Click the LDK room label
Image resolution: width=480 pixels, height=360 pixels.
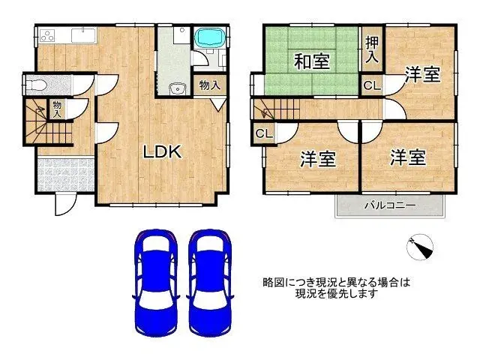point(163,151)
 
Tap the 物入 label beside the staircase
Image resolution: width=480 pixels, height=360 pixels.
point(57,109)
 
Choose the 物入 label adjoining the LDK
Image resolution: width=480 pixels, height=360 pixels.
point(210,85)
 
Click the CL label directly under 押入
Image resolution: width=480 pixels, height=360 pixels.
point(371,85)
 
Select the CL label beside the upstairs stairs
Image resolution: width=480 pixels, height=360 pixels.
point(262,134)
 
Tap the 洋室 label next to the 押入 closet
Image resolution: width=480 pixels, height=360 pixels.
point(422,74)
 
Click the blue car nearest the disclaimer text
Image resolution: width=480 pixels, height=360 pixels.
point(211,283)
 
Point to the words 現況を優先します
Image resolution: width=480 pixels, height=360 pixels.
point(337,293)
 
